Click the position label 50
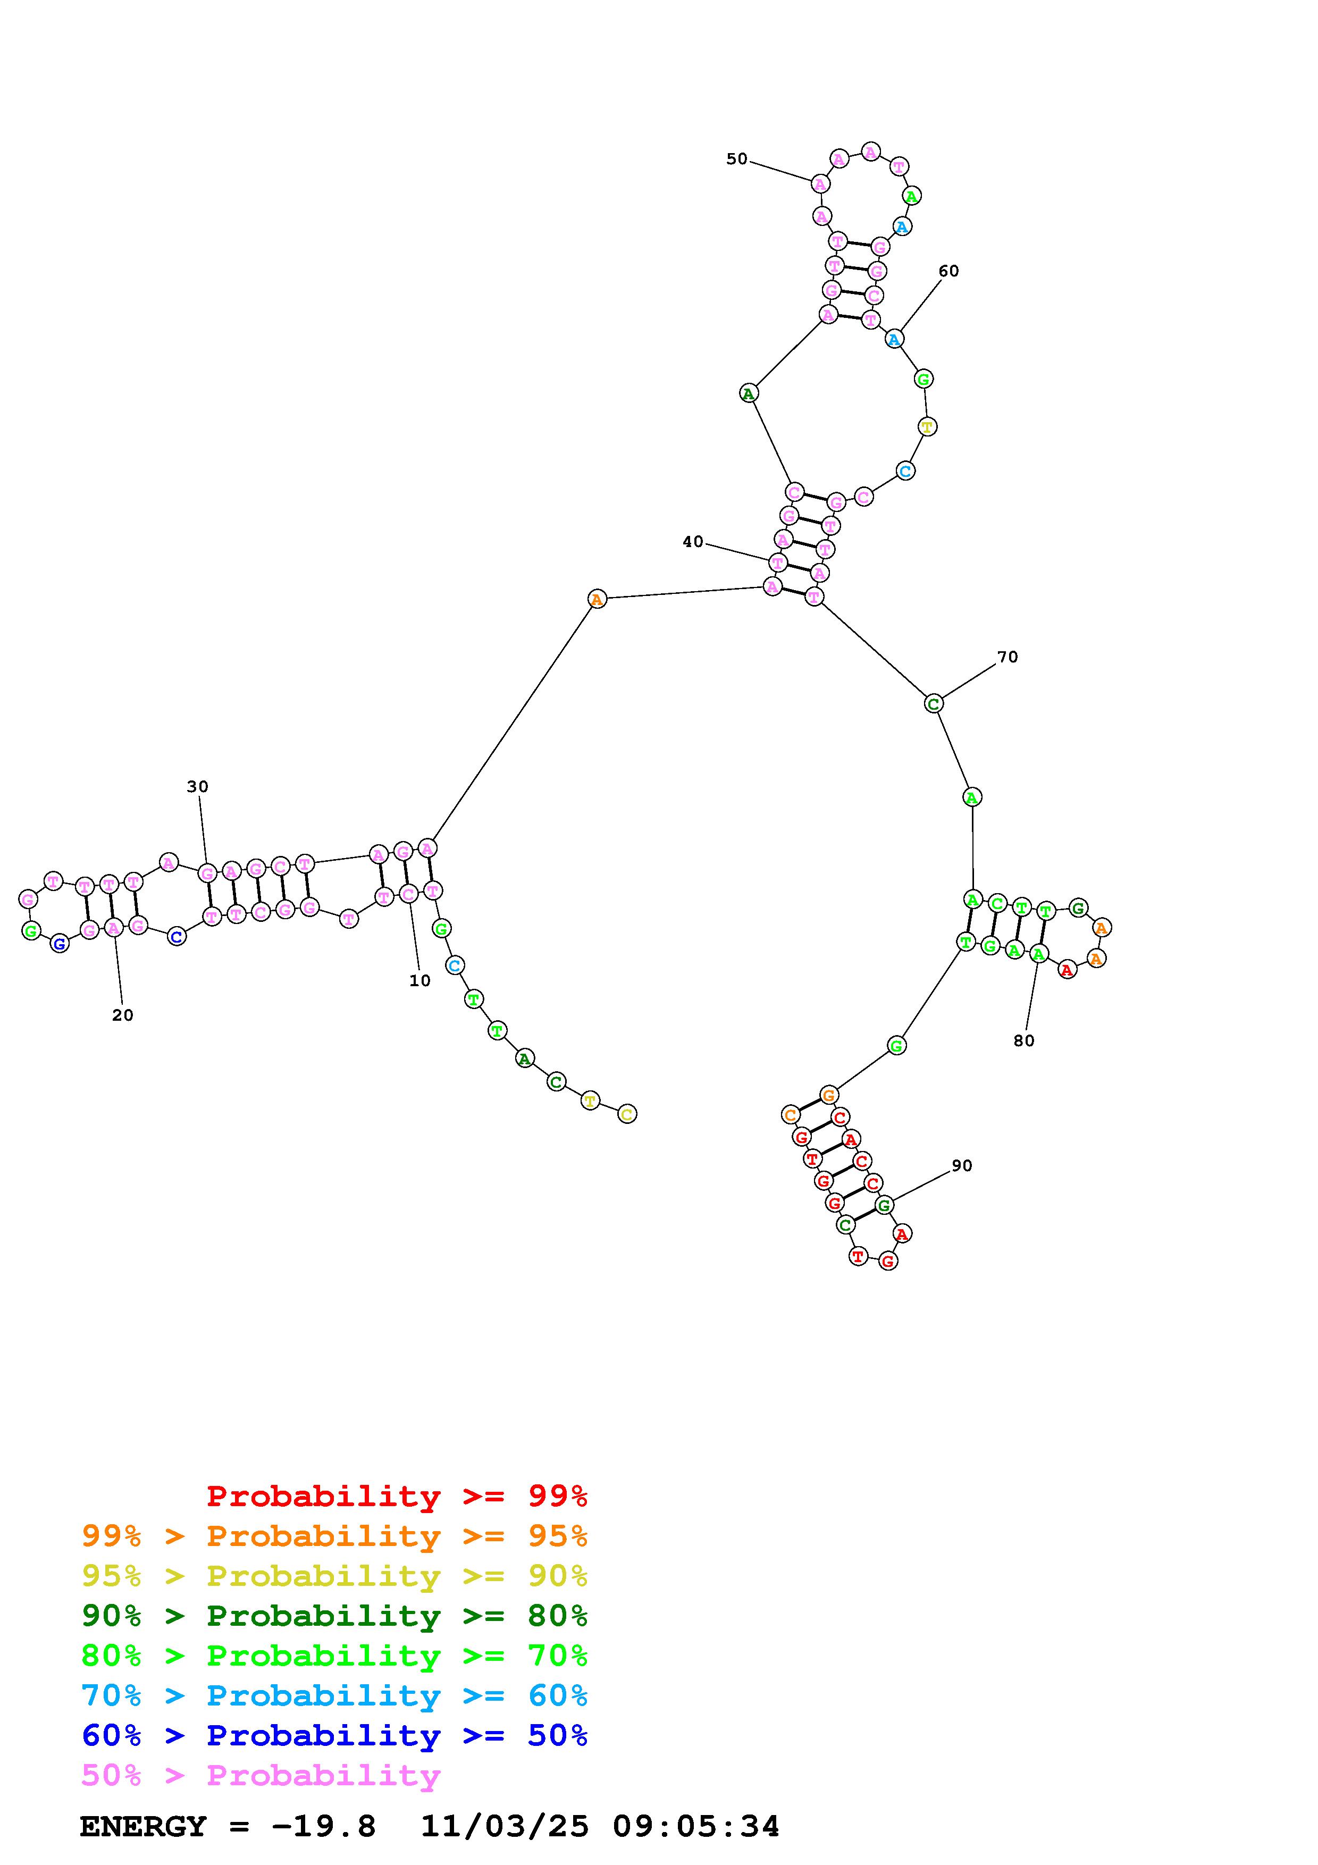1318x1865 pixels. click(736, 159)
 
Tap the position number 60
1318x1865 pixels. click(948, 271)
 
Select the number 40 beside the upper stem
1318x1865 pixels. click(693, 542)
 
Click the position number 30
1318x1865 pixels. click(197, 786)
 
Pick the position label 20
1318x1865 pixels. click(123, 1015)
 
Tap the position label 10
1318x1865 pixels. click(420, 981)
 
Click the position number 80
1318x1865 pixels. click(1024, 1040)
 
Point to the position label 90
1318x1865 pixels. click(961, 1165)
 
